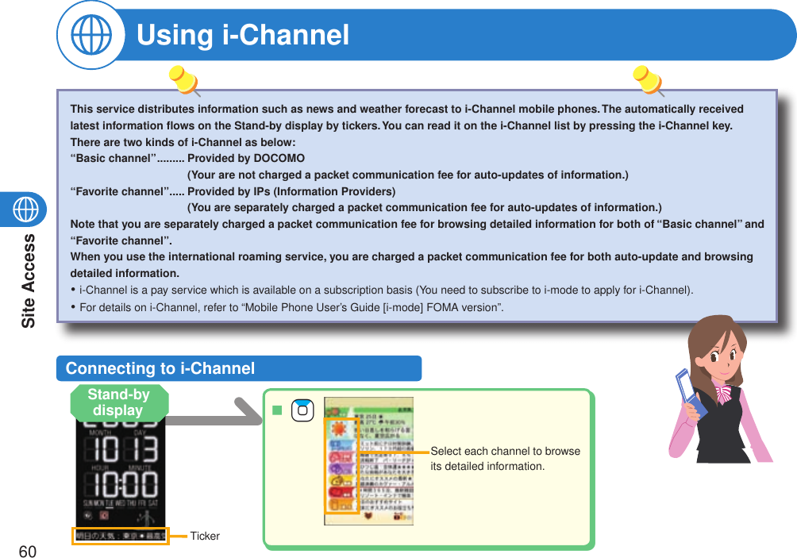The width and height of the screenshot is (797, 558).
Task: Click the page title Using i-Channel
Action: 243,35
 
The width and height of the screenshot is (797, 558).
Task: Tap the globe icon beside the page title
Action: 90,36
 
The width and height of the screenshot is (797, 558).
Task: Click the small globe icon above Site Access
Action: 27,209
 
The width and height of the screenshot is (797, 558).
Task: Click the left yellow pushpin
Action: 184,79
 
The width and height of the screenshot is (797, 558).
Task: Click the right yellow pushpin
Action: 648,79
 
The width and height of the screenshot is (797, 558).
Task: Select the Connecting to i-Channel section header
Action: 160,368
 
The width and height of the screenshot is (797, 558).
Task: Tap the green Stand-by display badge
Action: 119,402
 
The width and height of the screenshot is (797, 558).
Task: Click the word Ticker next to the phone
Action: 205,537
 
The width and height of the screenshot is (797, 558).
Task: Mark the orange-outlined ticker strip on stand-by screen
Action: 120,537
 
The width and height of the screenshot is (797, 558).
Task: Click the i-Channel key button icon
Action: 302,410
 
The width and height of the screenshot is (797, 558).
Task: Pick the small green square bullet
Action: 277,410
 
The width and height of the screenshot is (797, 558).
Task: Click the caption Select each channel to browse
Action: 505,452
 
